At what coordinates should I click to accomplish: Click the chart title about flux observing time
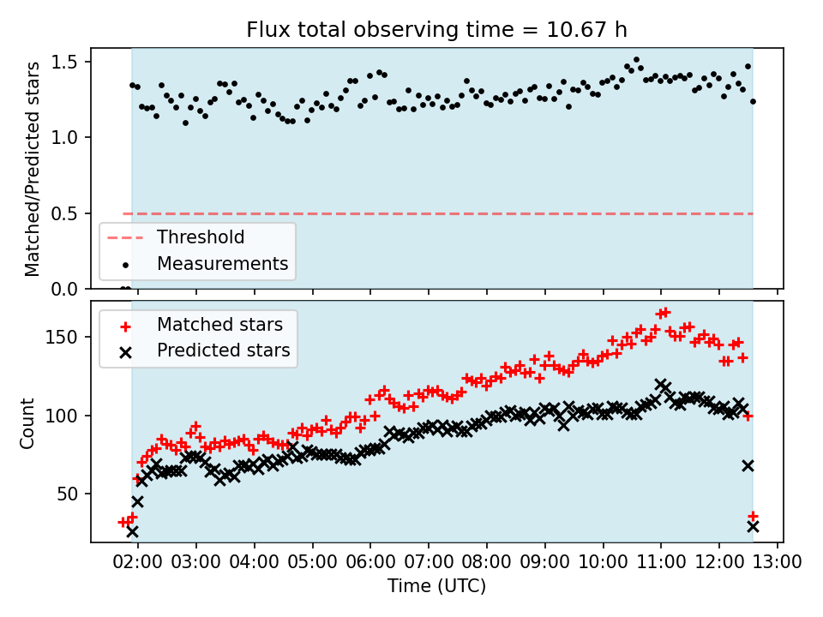pyautogui.click(x=437, y=30)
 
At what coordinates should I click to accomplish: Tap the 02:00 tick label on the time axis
pyautogui.click(x=138, y=563)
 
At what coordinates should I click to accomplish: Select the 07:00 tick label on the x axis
pyautogui.click(x=429, y=563)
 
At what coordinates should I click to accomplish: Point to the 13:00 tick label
pyautogui.click(x=777, y=563)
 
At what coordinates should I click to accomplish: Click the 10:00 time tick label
pyautogui.click(x=603, y=563)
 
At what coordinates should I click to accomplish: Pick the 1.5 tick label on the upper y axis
pyautogui.click(x=67, y=62)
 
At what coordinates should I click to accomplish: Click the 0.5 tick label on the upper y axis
pyautogui.click(x=67, y=213)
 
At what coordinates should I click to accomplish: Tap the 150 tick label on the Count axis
pyautogui.click(x=69, y=337)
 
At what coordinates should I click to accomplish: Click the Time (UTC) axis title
pyautogui.click(x=437, y=587)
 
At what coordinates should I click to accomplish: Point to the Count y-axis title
pyautogui.click(x=28, y=422)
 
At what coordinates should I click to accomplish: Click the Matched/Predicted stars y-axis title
pyautogui.click(x=33, y=169)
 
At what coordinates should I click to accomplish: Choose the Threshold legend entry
pyautogui.click(x=200, y=237)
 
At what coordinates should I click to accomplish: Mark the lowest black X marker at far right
pyautogui.click(x=753, y=526)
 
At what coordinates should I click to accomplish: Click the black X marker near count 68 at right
pyautogui.click(x=748, y=465)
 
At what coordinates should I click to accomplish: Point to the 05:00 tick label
pyautogui.click(x=312, y=563)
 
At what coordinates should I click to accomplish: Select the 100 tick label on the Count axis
pyautogui.click(x=69, y=416)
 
